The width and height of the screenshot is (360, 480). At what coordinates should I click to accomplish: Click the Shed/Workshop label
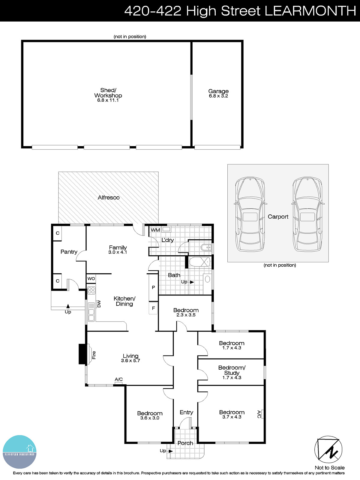pyautogui.click(x=108, y=93)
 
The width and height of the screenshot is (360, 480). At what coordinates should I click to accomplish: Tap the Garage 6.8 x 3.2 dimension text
pyautogui.click(x=218, y=96)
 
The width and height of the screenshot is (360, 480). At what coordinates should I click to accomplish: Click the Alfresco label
pyautogui.click(x=109, y=197)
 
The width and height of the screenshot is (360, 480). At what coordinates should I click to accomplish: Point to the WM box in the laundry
pyautogui.click(x=155, y=230)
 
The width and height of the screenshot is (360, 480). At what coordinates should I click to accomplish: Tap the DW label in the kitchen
pyautogui.click(x=99, y=304)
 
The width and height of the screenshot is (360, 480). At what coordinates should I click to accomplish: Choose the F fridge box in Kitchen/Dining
pyautogui.click(x=153, y=308)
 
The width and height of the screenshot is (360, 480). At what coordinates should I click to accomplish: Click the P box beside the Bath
pyautogui.click(x=153, y=287)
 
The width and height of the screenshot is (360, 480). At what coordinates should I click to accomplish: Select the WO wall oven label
pyautogui.click(x=91, y=278)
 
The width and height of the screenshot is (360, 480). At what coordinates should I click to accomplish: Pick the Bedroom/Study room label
pyautogui.click(x=232, y=370)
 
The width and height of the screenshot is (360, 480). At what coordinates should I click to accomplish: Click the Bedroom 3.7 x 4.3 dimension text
pyautogui.click(x=232, y=417)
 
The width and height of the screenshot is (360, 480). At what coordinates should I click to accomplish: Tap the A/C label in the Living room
pyautogui.click(x=119, y=379)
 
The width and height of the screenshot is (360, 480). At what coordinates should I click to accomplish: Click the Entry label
pyautogui.click(x=186, y=412)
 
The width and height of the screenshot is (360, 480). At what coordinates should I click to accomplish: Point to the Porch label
pyautogui.click(x=185, y=443)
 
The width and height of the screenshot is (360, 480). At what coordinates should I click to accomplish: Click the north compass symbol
pyautogui.click(x=328, y=449)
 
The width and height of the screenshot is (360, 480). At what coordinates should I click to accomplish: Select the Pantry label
pyautogui.click(x=69, y=252)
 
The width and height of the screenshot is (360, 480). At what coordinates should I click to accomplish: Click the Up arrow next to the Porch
pyautogui.click(x=171, y=451)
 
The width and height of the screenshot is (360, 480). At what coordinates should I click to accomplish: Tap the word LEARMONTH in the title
pyautogui.click(x=310, y=11)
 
